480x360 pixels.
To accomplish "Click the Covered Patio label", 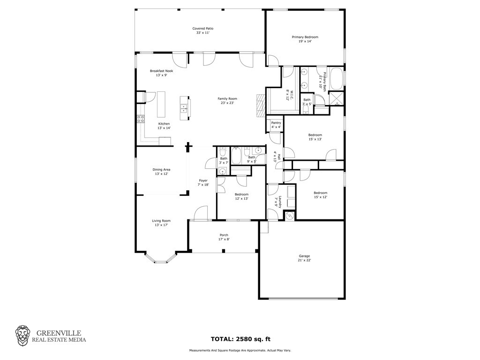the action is [x=202, y=29].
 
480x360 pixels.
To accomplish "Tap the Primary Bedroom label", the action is [x=305, y=37].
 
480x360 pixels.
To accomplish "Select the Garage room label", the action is [x=304, y=256].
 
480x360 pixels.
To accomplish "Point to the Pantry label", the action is [x=276, y=123].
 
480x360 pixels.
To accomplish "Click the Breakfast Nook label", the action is [x=161, y=71].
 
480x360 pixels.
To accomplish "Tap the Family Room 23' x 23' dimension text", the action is [x=227, y=103].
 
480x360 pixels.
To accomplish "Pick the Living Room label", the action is [x=161, y=221].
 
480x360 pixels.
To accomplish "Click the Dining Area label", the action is [x=161, y=170].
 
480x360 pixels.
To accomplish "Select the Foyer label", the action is [x=203, y=180].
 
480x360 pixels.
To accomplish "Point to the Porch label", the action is [x=224, y=235].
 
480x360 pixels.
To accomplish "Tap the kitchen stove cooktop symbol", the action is [x=141, y=119].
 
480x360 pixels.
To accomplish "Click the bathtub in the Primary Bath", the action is [x=337, y=78].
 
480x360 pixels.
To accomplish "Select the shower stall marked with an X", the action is [x=336, y=98].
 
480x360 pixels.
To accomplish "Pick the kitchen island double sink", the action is [x=184, y=109].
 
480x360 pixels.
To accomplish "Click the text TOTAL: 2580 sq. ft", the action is [x=240, y=339].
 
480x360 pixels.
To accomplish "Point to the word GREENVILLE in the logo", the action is [x=59, y=333].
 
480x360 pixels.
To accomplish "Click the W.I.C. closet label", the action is [x=288, y=95].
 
